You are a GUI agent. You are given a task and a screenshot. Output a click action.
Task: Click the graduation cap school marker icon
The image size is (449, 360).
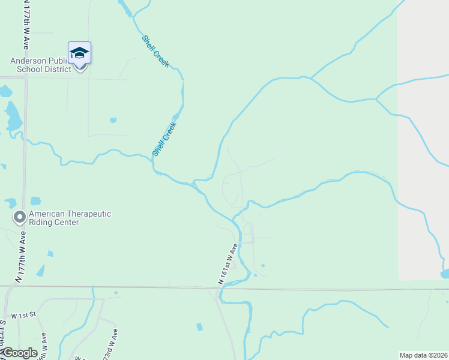tap(79, 54)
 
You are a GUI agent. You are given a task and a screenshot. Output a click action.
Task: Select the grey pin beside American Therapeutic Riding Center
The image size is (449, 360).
tap(20, 216)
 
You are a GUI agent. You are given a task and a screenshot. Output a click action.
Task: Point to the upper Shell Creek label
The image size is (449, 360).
tap(155, 52)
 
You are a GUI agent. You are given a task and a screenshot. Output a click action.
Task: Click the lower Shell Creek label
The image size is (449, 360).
tap(164, 139)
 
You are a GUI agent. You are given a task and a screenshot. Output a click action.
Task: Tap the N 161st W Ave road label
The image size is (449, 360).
tap(228, 263)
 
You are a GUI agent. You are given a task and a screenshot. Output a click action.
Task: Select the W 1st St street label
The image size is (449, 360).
tap(24, 314)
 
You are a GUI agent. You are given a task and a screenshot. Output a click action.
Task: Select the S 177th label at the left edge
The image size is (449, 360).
tap(3, 336)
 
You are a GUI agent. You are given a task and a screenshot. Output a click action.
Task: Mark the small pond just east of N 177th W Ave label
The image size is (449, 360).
tap(40, 271)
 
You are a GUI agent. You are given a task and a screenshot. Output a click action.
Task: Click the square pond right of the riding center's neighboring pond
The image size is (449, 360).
tap(35, 200)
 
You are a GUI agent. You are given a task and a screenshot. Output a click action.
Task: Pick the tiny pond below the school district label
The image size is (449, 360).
tap(113, 120)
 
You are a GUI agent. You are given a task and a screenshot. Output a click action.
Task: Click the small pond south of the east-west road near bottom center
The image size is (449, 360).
tap(199, 327)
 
